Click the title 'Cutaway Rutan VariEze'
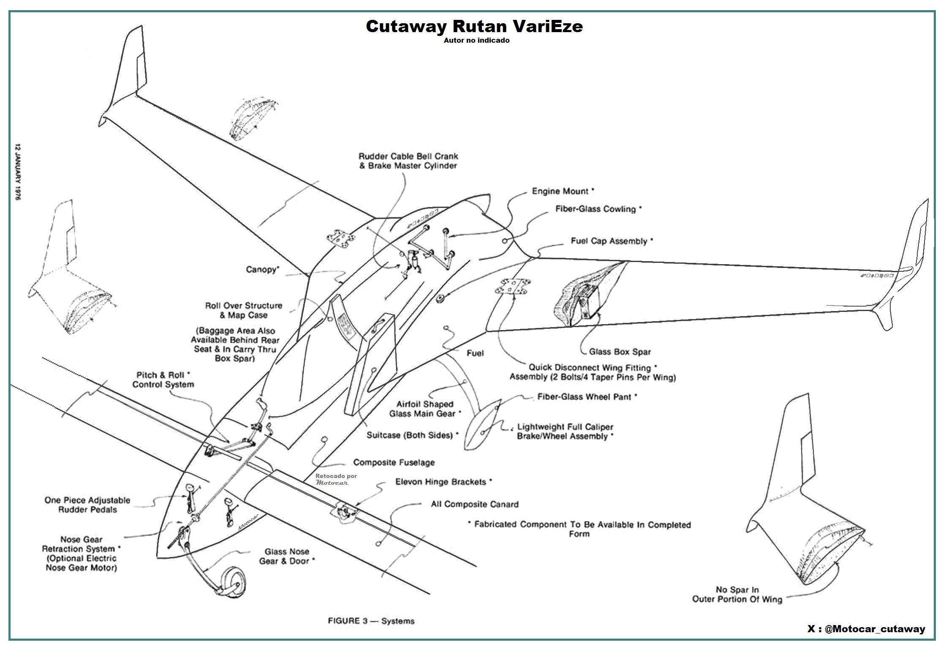pyautogui.click(x=474, y=26)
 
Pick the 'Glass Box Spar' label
pyautogui.click(x=620, y=352)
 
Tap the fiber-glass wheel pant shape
pyautogui.click(x=484, y=424)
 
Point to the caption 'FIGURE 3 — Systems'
pyautogui.click(x=371, y=621)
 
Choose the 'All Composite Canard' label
pyautogui.click(x=474, y=504)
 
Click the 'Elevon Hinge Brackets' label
pyautogui.click(x=443, y=482)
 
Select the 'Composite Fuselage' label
pyautogui.click(x=394, y=462)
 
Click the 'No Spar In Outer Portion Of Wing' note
pyautogui.click(x=737, y=594)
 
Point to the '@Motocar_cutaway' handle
pyautogui.click(x=874, y=629)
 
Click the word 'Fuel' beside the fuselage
pyautogui.click(x=475, y=353)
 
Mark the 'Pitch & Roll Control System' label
pyautogui.click(x=163, y=380)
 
